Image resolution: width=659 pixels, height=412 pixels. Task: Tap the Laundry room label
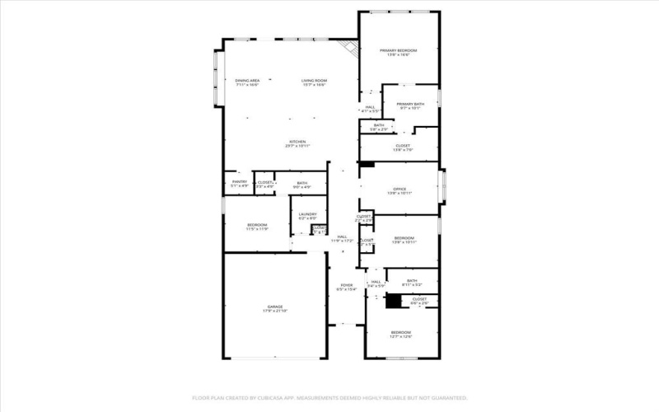tap(307, 217)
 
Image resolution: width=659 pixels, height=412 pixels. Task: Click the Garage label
tap(274, 308)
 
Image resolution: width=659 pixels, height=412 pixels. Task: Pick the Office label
tap(400, 191)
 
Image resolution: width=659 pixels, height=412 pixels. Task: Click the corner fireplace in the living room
tap(352, 48)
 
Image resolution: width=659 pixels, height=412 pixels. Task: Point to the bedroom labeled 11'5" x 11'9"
tap(258, 227)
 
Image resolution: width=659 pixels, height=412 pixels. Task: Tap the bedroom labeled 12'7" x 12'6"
tap(400, 335)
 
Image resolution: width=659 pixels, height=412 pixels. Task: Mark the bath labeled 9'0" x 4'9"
tap(302, 185)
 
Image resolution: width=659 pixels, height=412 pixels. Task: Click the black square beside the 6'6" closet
tap(393, 302)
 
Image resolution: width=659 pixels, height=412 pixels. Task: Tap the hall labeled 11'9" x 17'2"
tap(343, 239)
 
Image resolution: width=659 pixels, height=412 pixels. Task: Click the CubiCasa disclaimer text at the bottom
tap(329, 396)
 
